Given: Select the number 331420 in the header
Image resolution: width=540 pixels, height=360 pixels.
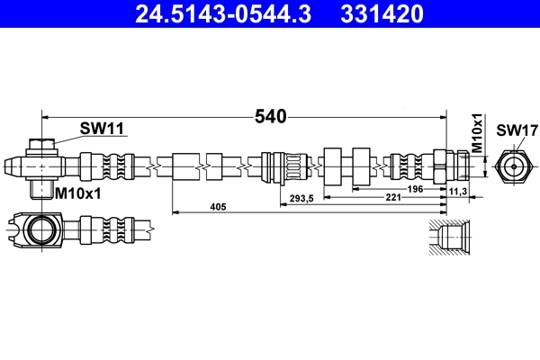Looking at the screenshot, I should (381, 13).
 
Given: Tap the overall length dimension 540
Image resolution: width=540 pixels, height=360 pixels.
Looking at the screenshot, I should (270, 117).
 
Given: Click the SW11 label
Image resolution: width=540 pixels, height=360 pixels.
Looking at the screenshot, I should (101, 129).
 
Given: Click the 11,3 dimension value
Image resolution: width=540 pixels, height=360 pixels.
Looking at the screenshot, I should (457, 192).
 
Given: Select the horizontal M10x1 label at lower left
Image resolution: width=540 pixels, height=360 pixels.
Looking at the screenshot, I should (78, 193).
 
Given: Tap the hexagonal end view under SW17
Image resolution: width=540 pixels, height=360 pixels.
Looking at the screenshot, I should (510, 166).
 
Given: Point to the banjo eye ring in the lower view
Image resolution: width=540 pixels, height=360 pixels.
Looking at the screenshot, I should (40, 229).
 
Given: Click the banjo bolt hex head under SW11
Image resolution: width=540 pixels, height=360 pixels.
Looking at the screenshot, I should (41, 144).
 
